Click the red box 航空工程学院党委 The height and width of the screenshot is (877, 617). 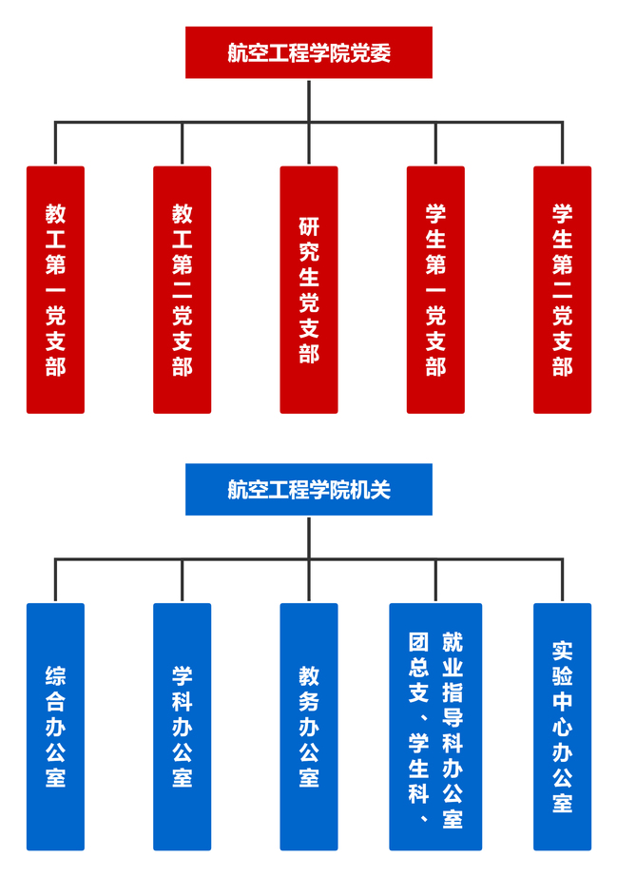308,52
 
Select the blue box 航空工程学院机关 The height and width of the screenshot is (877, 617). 308,489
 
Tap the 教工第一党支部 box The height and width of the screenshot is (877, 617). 55,289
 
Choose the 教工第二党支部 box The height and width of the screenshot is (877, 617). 182,289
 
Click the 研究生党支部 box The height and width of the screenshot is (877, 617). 308,289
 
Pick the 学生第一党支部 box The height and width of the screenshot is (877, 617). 435,289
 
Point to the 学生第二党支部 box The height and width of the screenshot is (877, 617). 562,289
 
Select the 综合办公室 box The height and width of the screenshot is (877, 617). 55,726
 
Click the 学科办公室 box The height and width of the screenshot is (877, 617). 182,726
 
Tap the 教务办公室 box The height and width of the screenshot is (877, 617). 308,726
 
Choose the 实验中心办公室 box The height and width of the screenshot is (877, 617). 562,726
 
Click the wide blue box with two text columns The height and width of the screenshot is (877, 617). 435,726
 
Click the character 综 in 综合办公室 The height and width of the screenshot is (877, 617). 55,676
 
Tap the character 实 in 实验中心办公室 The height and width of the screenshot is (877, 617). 562,651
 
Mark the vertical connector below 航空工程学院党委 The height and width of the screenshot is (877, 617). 309,100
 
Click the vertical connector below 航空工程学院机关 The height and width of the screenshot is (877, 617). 309,537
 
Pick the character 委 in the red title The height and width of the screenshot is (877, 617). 379,53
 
